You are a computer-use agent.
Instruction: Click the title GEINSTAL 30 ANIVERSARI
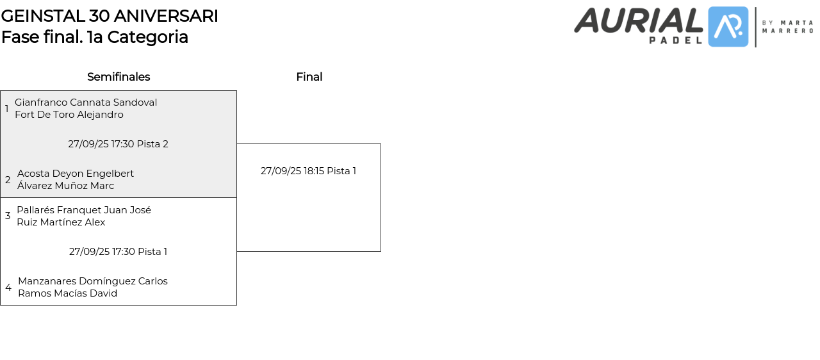110,16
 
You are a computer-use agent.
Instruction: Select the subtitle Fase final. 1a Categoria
95,37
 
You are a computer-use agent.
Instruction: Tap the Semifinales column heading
119,77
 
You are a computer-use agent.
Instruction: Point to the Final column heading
309,77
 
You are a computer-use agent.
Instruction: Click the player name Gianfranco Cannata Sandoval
86,102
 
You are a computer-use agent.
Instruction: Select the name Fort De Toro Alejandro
69,115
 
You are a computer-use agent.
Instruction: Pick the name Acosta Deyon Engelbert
76,174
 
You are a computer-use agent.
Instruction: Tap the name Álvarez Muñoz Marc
65,186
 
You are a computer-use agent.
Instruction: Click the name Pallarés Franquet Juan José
84,210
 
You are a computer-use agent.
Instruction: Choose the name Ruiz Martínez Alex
61,222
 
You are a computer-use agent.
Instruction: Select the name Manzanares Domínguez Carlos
93,281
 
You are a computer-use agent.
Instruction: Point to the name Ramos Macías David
67,293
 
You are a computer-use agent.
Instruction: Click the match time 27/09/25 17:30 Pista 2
119,144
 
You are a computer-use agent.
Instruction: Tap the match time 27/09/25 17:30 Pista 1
119,252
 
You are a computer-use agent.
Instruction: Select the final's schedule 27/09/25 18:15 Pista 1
308,171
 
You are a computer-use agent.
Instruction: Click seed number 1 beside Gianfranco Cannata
7,109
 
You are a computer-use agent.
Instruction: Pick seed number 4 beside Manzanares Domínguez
8,288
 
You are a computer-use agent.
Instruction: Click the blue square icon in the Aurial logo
728,27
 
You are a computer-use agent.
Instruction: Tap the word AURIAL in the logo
639,20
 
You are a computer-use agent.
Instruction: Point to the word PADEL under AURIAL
676,40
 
